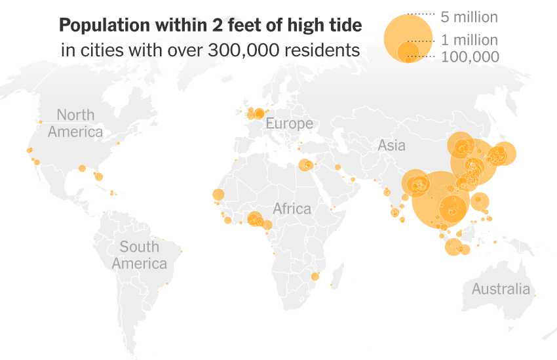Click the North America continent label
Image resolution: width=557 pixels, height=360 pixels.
[75, 123]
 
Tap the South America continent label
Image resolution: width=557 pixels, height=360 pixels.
[139, 255]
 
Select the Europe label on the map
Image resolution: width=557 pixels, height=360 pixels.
[289, 124]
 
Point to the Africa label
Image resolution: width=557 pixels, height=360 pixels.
[292, 209]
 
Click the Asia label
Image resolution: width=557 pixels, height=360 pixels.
[391, 146]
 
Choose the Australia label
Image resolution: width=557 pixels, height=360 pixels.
[501, 289]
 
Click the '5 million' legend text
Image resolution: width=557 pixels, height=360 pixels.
[469, 17]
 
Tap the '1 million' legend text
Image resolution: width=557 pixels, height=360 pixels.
[469, 40]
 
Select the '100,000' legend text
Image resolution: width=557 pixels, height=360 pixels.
[470, 57]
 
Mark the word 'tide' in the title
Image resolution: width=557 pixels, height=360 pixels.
[344, 26]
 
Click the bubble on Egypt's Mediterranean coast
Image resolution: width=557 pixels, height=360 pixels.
[305, 165]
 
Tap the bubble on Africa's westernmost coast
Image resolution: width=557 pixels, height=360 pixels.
[218, 195]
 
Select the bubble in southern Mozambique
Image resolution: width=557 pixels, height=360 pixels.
[315, 277]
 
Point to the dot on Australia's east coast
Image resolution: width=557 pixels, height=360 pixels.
[535, 296]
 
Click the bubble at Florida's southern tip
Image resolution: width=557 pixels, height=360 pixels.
[99, 176]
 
